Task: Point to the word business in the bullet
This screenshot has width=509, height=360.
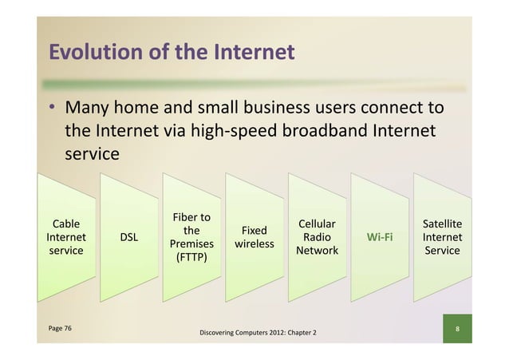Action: (x=271, y=107)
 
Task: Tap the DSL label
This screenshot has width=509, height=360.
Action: (x=128, y=237)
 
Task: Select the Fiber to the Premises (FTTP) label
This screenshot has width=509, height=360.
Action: (x=191, y=237)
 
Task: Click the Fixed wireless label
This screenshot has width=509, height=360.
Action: (x=254, y=237)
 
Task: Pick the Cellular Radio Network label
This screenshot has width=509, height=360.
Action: (x=317, y=237)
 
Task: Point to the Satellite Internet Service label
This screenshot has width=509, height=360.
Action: (x=442, y=237)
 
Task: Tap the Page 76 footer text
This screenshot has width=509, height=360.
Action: (x=59, y=328)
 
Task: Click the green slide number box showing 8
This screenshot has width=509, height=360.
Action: (x=457, y=328)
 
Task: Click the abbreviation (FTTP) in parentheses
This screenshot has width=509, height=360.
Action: (x=191, y=258)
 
